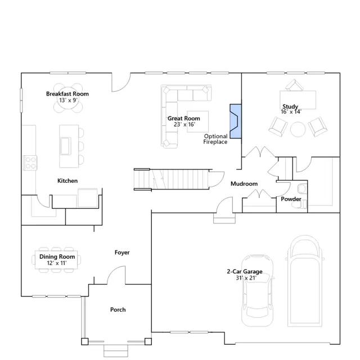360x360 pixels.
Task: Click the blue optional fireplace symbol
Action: [x=236, y=121]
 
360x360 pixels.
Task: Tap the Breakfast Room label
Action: [x=67, y=94]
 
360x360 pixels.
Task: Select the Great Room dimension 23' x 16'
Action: [x=184, y=124]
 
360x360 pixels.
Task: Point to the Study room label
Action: [x=290, y=106]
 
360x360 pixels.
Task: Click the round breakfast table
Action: [x=68, y=98]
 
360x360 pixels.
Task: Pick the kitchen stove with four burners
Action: [x=30, y=163]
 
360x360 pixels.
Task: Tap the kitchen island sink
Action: [x=65, y=146]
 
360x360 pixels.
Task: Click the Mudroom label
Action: [x=244, y=184]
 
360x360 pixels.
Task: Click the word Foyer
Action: [x=122, y=253]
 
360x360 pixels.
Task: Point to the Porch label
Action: [x=118, y=310]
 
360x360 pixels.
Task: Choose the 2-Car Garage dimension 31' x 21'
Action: [x=246, y=278]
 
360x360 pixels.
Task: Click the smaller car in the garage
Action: [x=258, y=290]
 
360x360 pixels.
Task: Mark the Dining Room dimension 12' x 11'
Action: [x=57, y=263]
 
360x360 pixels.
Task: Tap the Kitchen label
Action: [x=67, y=181]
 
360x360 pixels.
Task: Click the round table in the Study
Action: [x=298, y=129]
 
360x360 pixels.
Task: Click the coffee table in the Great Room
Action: [x=197, y=121]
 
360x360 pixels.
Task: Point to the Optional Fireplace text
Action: [x=215, y=139]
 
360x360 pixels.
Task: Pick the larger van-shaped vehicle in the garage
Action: [x=305, y=281]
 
